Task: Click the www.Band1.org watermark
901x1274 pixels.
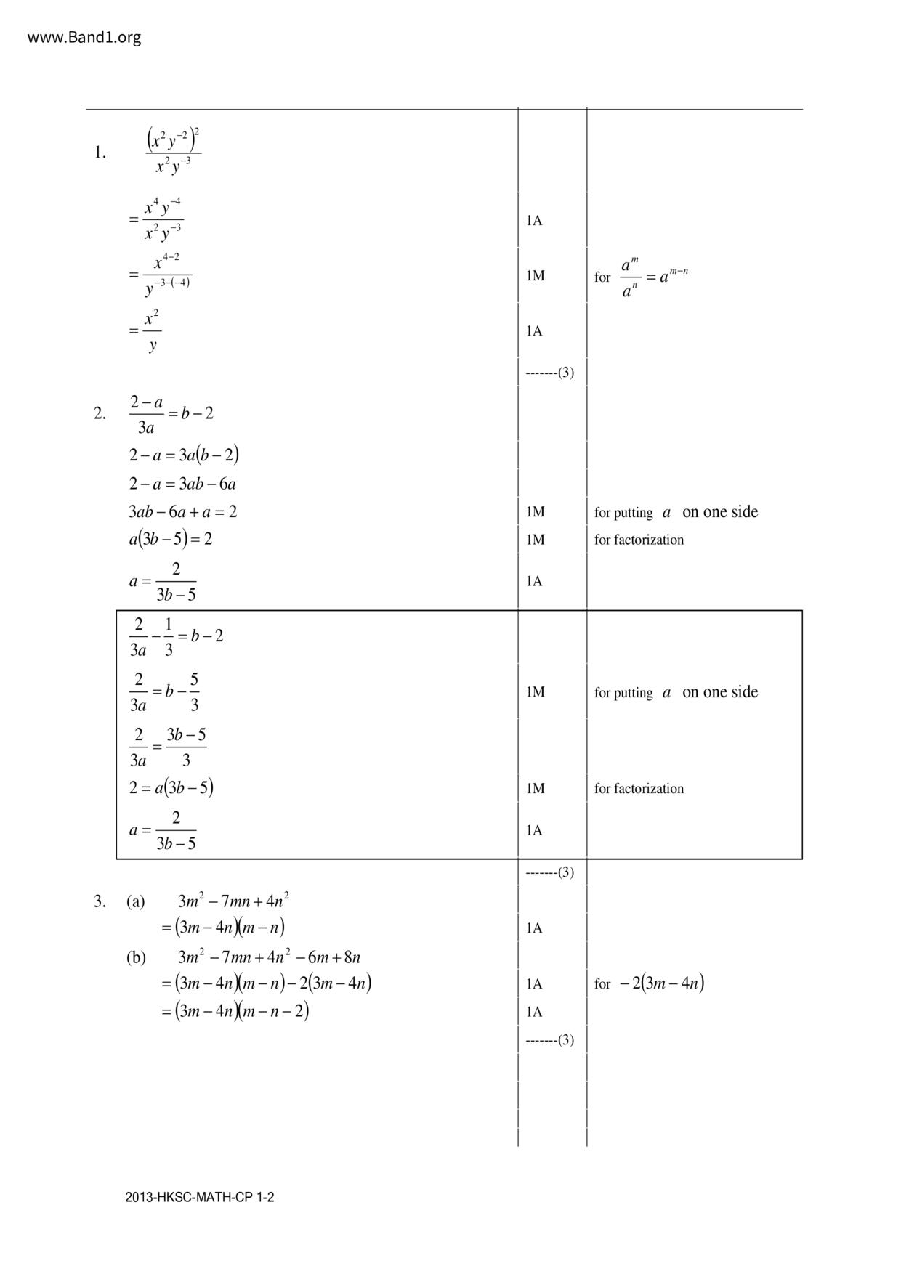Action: point(84,38)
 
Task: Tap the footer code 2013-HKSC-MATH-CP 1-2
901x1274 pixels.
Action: point(199,1198)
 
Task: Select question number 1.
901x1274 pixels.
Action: point(100,153)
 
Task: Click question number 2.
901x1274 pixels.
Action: point(100,414)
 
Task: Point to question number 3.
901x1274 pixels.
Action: point(100,902)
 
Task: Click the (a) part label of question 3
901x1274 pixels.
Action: point(136,902)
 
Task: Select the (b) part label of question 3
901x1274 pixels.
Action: point(136,957)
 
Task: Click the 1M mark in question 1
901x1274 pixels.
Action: point(535,276)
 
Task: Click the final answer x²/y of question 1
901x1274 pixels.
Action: point(152,331)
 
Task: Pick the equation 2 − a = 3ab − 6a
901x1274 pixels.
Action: point(182,484)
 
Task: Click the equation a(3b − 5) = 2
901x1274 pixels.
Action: point(171,540)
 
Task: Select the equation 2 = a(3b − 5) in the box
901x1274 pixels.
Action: point(171,788)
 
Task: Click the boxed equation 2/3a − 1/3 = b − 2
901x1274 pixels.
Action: point(176,636)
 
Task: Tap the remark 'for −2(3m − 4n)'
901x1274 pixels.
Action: point(649,984)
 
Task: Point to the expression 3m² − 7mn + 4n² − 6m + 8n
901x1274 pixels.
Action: point(269,957)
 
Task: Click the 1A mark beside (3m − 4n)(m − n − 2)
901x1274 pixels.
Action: point(534,1012)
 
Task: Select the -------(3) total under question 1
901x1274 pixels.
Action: point(549,373)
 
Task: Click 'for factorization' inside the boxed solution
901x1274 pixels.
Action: point(639,789)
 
